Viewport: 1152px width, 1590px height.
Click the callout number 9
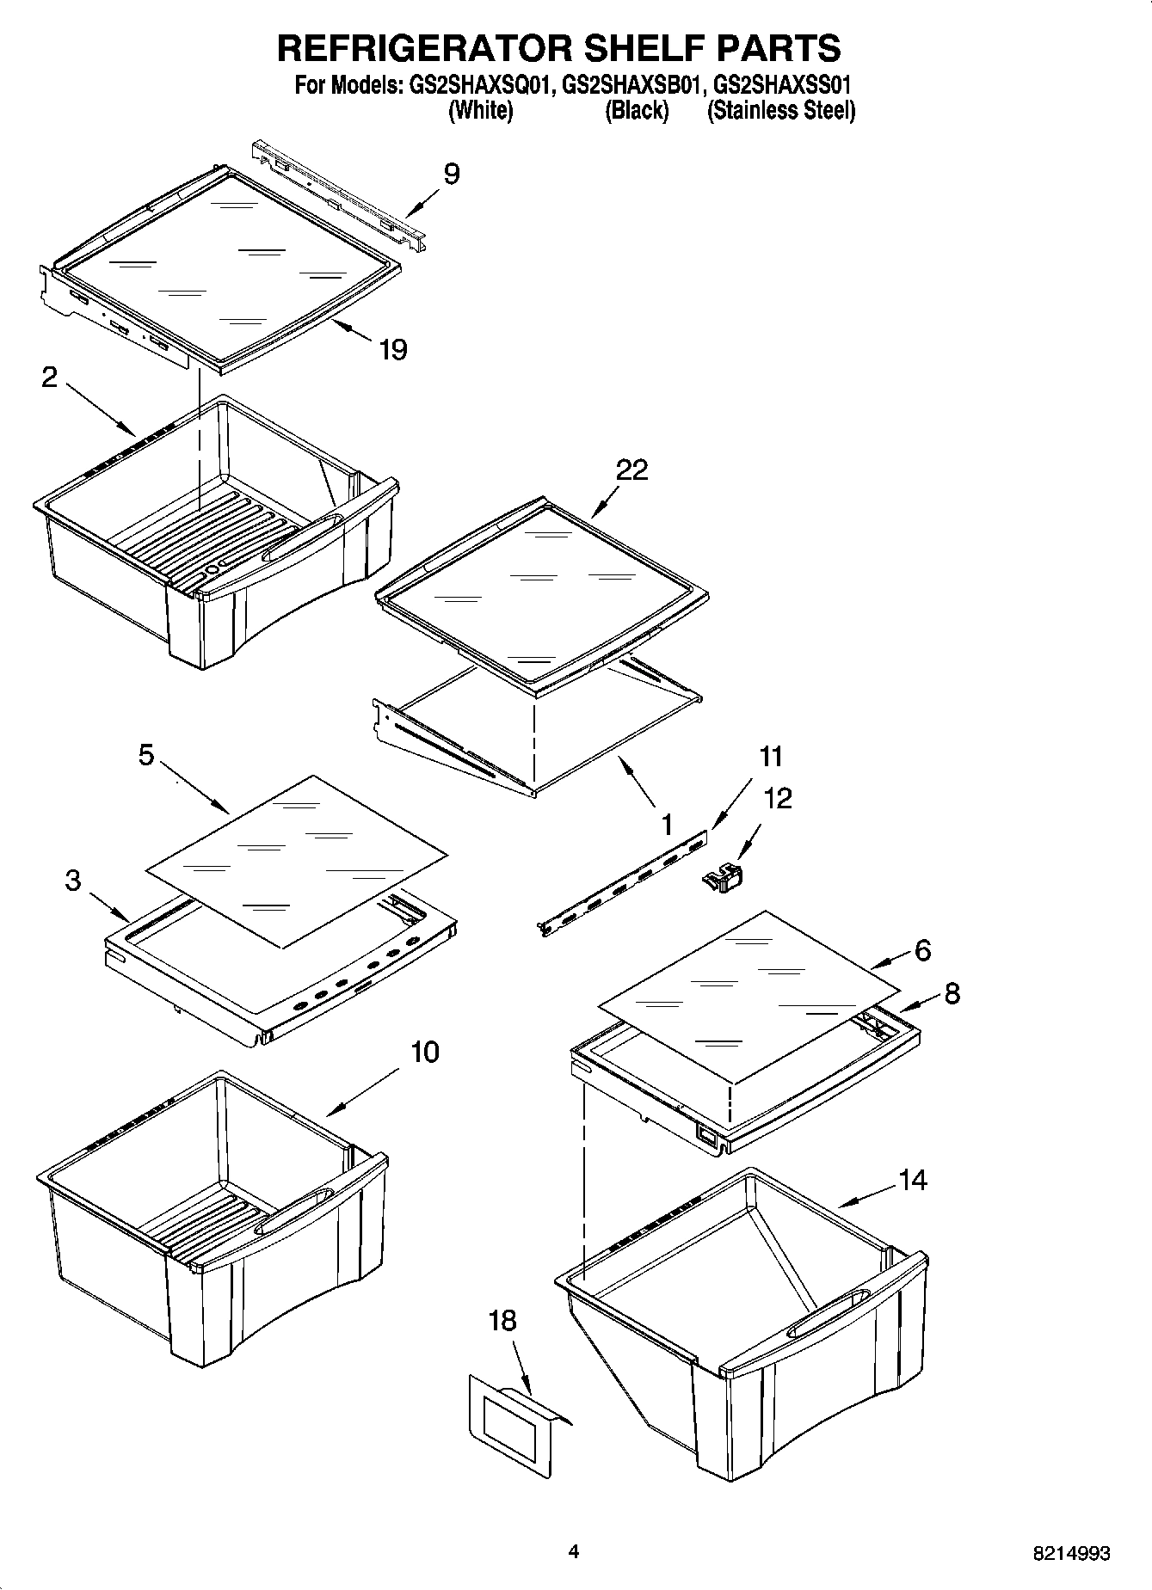pos(452,175)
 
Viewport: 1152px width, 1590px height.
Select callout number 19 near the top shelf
pos(392,350)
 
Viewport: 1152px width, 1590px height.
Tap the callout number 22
pos(631,470)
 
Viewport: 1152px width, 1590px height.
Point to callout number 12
pos(777,798)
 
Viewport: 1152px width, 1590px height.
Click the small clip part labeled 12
pos(724,880)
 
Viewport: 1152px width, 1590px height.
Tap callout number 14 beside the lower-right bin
pos(913,1180)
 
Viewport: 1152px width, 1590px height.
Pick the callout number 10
pos(425,1052)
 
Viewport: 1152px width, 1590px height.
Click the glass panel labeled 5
pos(297,860)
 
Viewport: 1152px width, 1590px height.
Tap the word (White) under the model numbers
pos(481,111)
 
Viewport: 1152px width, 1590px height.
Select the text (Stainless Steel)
pos(780,111)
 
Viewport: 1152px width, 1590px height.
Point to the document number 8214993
pos(1071,1553)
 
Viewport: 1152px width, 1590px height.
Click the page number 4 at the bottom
pos(574,1551)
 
